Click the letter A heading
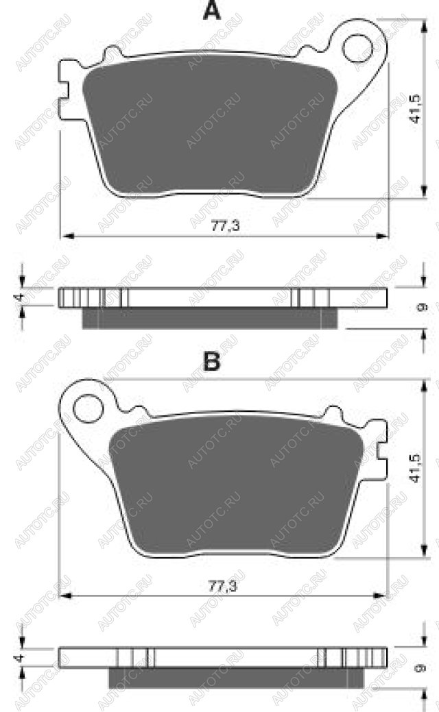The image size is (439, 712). tap(212, 11)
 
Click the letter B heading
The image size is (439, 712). tap(212, 361)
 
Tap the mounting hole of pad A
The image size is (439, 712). tap(359, 49)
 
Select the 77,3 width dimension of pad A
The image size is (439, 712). tap(225, 225)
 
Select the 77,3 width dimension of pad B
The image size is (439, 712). tap(223, 586)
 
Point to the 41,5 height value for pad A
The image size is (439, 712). tap(415, 109)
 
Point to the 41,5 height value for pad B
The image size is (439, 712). tap(415, 469)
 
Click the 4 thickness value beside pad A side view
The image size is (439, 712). tap(19, 297)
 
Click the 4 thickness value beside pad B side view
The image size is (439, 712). tap(19, 657)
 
